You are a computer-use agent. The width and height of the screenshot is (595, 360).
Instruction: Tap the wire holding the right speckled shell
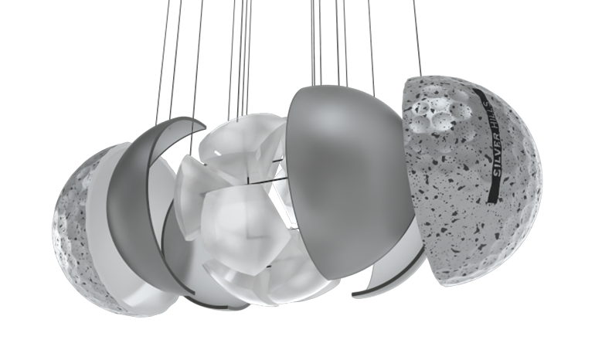417,38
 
